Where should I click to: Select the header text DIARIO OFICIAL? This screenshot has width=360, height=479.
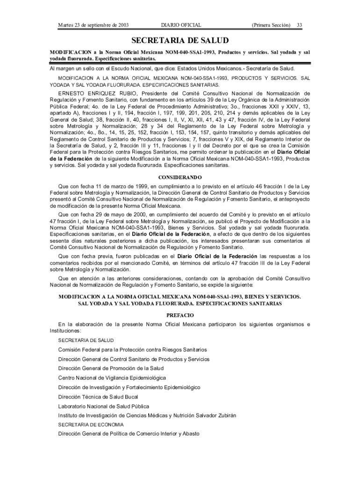[x=181, y=24]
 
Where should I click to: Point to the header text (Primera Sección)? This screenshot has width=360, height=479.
[x=271, y=24]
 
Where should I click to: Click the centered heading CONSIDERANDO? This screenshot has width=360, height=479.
[x=180, y=178]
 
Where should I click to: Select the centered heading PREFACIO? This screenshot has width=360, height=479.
[x=180, y=315]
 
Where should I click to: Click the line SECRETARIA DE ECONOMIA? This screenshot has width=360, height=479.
[x=91, y=425]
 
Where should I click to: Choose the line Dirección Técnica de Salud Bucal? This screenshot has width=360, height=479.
[x=99, y=397]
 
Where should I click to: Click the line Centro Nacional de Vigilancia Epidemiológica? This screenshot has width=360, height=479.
[x=112, y=378]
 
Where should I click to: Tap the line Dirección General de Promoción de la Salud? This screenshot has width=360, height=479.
[x=111, y=369]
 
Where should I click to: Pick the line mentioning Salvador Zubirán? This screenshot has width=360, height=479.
[x=147, y=415]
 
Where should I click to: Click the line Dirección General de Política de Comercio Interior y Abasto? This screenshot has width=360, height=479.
[x=129, y=434]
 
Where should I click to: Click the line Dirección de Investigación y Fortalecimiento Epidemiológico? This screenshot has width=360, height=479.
[x=129, y=387]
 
